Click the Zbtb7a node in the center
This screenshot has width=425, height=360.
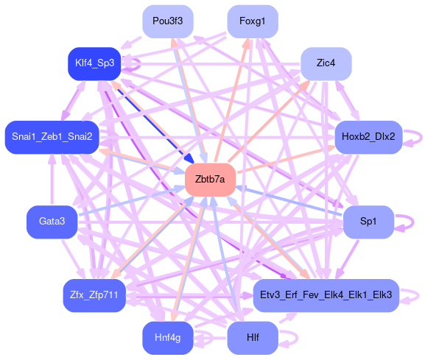click(x=210, y=180)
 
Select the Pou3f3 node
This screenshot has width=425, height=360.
click(x=168, y=21)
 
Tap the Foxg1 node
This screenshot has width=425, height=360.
click(x=253, y=21)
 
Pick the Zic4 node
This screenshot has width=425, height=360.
click(x=326, y=63)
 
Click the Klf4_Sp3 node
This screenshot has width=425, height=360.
click(x=94, y=63)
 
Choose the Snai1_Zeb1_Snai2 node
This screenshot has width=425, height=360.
click(x=52, y=137)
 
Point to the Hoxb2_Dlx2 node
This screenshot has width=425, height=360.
click(x=368, y=137)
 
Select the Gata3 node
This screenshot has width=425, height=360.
click(x=52, y=222)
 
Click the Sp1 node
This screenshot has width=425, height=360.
click(x=368, y=222)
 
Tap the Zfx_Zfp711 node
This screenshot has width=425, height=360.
click(x=94, y=295)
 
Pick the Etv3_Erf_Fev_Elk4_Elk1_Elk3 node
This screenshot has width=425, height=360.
click(x=326, y=295)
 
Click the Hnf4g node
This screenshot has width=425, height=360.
click(x=168, y=338)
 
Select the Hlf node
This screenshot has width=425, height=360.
click(x=253, y=338)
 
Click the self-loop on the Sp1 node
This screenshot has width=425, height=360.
click(x=413, y=222)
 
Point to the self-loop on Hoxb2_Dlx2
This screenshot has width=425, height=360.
click(x=422, y=138)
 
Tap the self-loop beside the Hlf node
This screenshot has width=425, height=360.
click(x=298, y=338)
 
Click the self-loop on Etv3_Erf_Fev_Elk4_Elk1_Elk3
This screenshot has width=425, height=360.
click(x=418, y=295)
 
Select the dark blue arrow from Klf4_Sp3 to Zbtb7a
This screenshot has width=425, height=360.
click(x=153, y=122)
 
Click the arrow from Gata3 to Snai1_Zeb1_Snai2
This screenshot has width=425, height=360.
click(x=52, y=180)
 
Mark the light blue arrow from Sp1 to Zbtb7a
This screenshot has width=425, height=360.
click(x=289, y=201)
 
